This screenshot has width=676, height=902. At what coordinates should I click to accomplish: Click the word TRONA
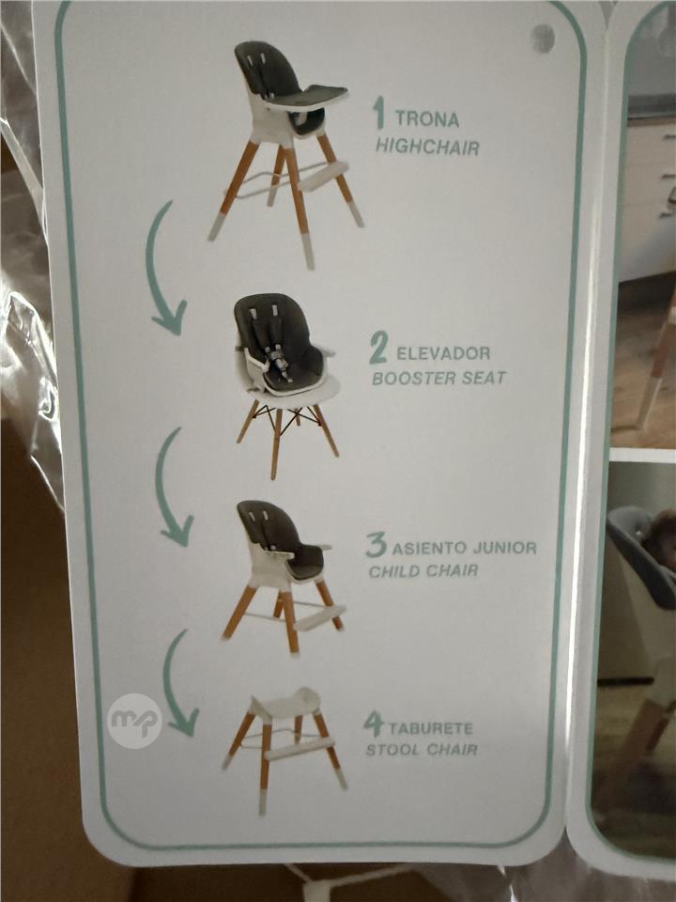[427, 119]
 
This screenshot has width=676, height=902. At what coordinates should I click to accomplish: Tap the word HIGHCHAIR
[427, 147]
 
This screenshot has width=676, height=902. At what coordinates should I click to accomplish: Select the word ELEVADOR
[443, 352]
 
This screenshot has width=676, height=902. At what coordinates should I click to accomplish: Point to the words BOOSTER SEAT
[439, 378]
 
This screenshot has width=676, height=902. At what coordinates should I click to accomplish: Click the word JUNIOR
[504, 547]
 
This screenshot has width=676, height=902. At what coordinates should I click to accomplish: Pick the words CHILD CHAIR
[423, 571]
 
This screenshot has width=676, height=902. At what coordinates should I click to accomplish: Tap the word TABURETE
[431, 728]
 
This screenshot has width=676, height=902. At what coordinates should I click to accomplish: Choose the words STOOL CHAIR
[422, 750]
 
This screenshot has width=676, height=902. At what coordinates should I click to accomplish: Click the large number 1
[378, 113]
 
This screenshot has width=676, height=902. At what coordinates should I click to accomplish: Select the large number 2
[378, 348]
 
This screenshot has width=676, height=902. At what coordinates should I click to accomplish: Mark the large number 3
[376, 545]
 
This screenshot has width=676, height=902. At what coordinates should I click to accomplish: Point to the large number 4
[373, 723]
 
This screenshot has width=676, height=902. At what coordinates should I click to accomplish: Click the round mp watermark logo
[134, 721]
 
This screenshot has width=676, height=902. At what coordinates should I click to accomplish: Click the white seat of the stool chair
[285, 703]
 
